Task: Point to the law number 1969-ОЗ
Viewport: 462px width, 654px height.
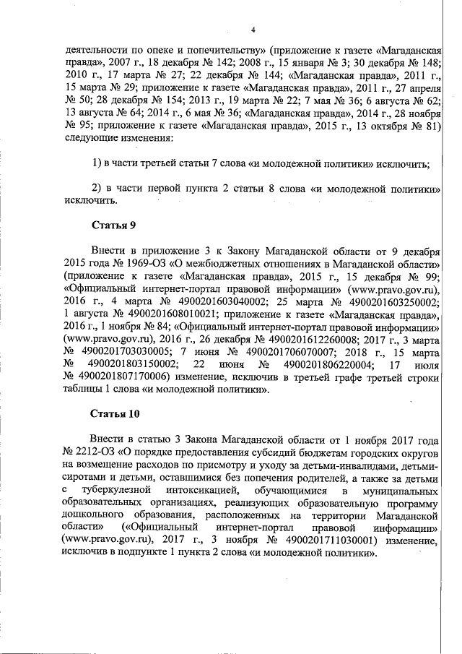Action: click(x=136, y=264)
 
